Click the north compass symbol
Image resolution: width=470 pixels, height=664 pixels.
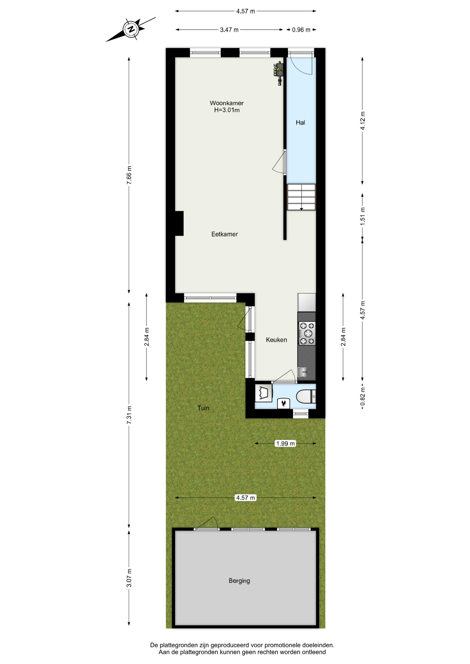tap(131, 29)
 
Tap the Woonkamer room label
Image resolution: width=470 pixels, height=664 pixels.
tap(227, 103)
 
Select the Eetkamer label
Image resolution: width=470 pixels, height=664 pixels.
tap(225, 234)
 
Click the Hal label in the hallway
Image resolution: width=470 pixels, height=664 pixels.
tap(300, 122)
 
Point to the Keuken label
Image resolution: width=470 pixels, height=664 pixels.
tap(276, 340)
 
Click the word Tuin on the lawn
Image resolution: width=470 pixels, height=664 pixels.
tap(203, 408)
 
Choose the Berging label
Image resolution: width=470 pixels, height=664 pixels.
tap(239, 581)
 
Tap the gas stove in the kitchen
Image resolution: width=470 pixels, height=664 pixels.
tap(307, 333)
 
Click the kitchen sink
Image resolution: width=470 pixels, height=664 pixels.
tap(302, 372)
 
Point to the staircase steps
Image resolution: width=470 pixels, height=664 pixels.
tap(301, 197)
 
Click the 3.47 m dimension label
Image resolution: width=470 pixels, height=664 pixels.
tap(229, 30)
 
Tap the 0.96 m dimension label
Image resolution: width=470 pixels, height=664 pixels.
tap(301, 30)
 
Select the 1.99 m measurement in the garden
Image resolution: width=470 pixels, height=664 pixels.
tap(286, 443)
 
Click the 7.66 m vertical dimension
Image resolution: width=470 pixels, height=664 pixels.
tap(129, 175)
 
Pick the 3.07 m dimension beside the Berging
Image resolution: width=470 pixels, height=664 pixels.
tap(129, 578)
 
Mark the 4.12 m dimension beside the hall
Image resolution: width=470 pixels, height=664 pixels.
tap(363, 121)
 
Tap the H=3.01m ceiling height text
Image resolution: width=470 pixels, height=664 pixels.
tap(227, 110)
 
